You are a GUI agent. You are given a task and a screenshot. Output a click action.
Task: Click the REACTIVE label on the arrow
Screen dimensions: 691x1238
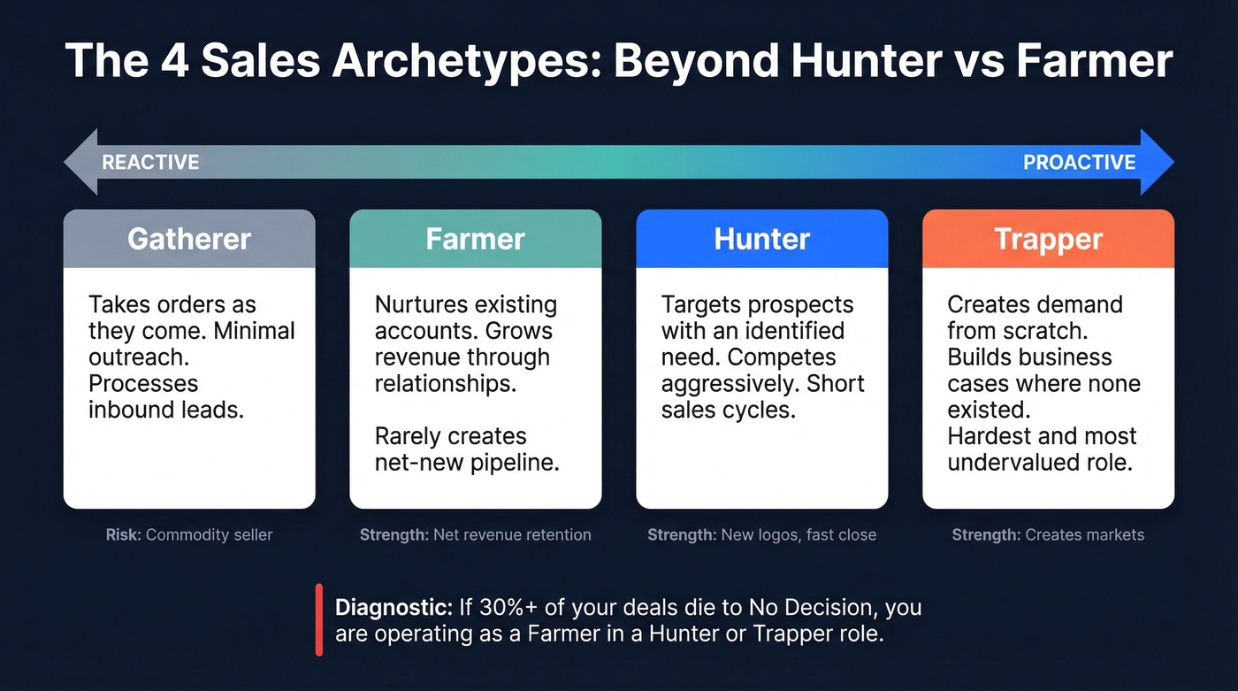150,162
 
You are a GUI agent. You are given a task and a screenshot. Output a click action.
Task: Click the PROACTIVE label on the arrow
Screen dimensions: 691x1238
1079,162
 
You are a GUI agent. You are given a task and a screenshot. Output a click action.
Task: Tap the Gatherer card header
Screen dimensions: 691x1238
189,239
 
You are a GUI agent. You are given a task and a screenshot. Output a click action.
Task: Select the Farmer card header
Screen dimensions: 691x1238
475,239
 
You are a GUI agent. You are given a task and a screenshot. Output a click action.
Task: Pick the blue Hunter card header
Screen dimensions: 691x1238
761,239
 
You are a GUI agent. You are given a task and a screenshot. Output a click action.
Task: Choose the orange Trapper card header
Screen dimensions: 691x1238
1048,239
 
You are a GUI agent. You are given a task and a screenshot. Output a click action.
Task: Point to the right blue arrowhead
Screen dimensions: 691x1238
1157,162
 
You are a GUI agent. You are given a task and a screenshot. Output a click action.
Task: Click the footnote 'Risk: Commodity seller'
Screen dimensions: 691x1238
189,534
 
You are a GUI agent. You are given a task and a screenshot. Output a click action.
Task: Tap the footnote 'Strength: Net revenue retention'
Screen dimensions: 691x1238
475,534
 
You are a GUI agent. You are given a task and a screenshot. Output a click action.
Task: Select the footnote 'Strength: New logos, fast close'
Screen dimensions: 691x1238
761,534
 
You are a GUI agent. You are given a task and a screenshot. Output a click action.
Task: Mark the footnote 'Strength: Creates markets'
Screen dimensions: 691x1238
1048,534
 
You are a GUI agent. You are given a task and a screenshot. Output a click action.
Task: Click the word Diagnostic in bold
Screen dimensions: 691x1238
394,608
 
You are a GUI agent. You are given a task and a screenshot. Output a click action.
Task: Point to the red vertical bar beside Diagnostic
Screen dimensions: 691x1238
318,619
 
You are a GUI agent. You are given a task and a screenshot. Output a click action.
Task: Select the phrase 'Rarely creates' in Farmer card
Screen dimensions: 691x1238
450,436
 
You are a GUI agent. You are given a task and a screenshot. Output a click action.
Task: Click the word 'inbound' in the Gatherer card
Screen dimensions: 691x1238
129,410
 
